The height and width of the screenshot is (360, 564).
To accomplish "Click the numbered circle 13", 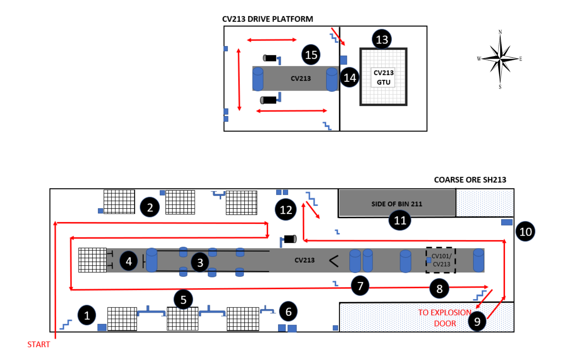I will (382, 39).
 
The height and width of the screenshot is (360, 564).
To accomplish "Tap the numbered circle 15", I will (311, 55).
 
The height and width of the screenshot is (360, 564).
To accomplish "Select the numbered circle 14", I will (350, 78).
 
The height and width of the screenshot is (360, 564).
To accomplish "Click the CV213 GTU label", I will (383, 77).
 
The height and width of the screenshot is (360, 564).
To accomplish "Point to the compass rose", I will (500, 59).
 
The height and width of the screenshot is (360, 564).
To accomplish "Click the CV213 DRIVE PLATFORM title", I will (267, 19).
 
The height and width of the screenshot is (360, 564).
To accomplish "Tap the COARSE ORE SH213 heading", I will (470, 180).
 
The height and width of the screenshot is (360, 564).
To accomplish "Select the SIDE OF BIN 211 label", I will (397, 204).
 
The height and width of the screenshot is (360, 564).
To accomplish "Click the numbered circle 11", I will (400, 221).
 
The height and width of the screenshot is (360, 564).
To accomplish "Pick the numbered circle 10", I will (525, 232).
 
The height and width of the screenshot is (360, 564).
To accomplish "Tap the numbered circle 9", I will (477, 321).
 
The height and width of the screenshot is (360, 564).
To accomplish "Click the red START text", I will (39, 344).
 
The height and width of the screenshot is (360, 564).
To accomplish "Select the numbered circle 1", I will (87, 315).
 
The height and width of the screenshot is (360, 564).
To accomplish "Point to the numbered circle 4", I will (129, 261).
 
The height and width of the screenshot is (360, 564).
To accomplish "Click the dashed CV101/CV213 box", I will (441, 260).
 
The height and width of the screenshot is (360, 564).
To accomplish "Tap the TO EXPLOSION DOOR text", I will (445, 318).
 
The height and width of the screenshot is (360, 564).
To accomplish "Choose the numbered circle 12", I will (286, 210).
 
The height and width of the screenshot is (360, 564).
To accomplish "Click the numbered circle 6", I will (288, 312).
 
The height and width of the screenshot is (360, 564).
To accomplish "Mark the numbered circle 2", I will (150, 207).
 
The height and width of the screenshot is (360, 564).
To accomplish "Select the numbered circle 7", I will (360, 286).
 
